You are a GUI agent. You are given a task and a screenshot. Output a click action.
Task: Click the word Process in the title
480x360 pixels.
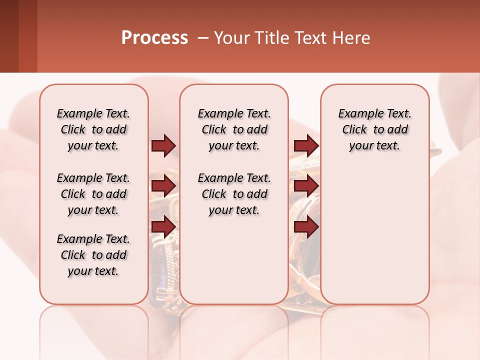154,38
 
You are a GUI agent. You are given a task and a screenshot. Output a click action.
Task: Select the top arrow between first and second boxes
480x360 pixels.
163,145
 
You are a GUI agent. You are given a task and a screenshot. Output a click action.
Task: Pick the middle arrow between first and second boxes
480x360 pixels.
163,186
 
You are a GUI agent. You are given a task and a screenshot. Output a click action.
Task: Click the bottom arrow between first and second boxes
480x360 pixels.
163,226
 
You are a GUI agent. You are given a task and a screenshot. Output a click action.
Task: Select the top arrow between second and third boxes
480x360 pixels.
306,145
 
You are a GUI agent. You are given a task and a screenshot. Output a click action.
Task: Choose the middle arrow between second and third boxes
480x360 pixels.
306,186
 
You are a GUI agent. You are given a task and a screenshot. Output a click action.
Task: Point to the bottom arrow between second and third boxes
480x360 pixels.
306,226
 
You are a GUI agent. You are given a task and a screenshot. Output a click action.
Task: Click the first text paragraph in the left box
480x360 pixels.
93,129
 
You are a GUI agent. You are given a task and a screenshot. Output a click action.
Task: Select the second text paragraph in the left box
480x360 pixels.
93,194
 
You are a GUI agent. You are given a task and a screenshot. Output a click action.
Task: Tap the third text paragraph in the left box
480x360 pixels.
93,255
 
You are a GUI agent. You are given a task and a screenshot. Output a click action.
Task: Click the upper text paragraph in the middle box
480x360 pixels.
234,129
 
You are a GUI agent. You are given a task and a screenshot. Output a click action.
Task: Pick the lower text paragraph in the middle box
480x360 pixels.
234,194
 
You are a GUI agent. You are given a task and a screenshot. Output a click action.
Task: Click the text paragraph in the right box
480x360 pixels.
375,129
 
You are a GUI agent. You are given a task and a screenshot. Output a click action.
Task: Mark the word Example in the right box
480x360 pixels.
358,114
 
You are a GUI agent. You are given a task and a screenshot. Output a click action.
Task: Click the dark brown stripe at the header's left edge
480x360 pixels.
9,36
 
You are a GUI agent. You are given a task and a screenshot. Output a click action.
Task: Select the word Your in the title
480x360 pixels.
231,38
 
